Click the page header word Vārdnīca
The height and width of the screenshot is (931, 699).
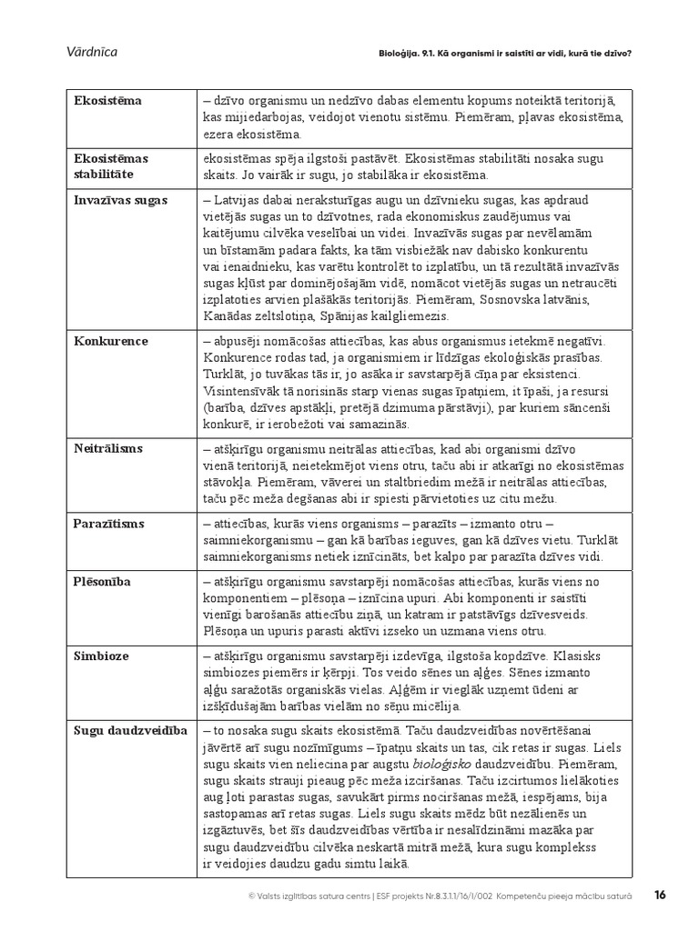[92, 52]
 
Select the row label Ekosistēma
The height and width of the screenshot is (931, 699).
[108, 101]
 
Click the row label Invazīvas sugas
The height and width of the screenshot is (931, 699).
[120, 199]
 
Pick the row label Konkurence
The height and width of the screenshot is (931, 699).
[111, 341]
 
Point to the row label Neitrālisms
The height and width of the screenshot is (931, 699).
[110, 448]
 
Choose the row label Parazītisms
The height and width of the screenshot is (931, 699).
[109, 524]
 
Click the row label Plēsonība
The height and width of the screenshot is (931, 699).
[105, 582]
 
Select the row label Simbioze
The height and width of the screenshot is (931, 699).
[103, 655]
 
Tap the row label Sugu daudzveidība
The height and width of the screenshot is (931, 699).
[130, 730]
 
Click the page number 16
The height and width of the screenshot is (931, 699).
[662, 895]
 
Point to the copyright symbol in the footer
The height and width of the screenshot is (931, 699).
[251, 896]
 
